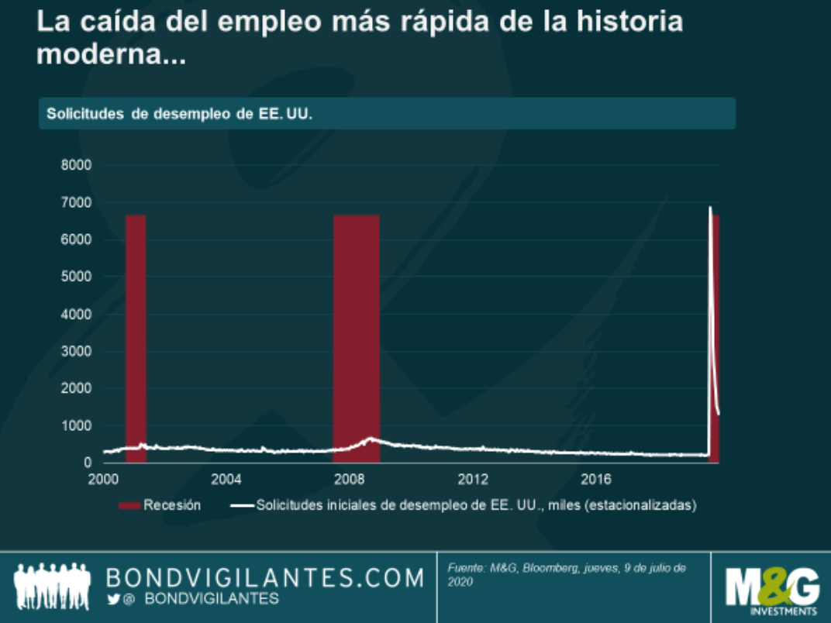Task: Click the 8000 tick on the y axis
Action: [x=78, y=165]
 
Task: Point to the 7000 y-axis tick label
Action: [x=78, y=202]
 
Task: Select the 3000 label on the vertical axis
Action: [x=78, y=351]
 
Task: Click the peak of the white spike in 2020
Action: [x=710, y=208]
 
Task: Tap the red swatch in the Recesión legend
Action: [x=129, y=505]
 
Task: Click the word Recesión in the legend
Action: [x=172, y=505]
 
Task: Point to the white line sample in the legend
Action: [x=242, y=505]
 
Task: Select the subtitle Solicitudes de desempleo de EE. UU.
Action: [x=179, y=114]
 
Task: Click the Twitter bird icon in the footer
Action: [x=113, y=599]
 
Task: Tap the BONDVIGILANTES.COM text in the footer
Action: [x=265, y=577]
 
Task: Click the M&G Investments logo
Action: [x=771, y=590]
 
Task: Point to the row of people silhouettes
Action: [x=53, y=587]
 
